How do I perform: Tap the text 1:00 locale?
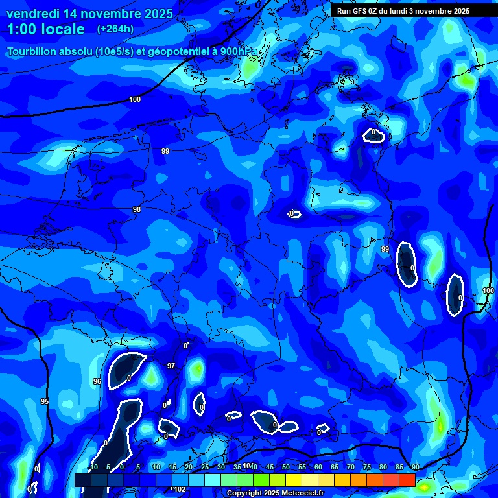(x=45, y=29)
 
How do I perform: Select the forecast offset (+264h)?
(x=115, y=29)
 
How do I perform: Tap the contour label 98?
(x=136, y=209)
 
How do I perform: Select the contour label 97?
(x=171, y=366)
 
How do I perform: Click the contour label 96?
(x=97, y=381)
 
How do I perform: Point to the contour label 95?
(x=44, y=401)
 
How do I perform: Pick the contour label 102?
(x=179, y=489)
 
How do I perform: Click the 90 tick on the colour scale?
(x=415, y=467)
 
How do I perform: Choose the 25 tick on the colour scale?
(x=205, y=467)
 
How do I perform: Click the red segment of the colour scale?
(x=407, y=480)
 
